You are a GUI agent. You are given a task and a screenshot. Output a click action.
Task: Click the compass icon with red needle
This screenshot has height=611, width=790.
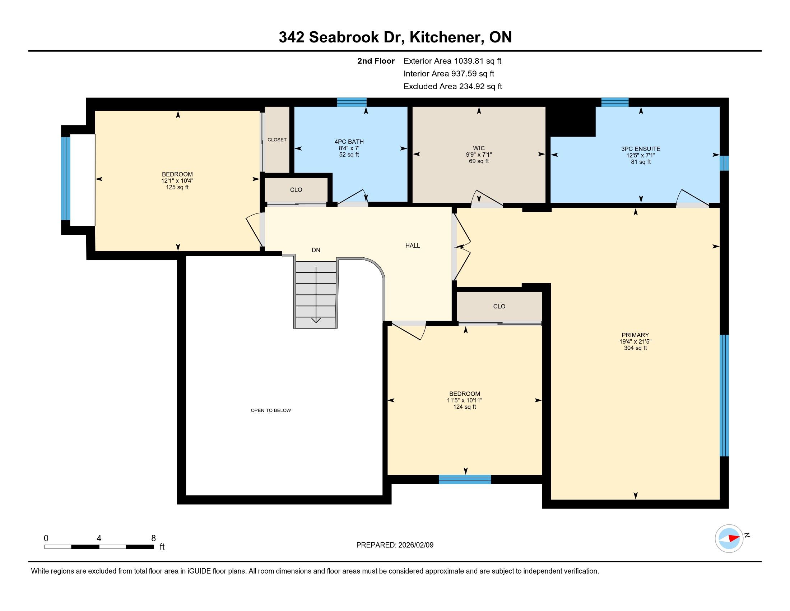pyautogui.click(x=729, y=538)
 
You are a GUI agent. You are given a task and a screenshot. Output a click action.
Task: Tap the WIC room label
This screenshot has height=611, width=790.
pyautogui.click(x=479, y=148)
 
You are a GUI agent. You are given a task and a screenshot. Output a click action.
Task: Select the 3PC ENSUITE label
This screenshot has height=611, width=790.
pyautogui.click(x=641, y=149)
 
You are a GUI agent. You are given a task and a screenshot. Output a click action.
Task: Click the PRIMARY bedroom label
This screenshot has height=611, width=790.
pyautogui.click(x=635, y=335)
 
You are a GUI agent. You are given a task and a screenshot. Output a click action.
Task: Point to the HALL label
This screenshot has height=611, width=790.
pyautogui.click(x=412, y=245)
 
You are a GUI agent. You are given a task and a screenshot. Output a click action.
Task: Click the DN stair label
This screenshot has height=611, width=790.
pyautogui.click(x=316, y=250)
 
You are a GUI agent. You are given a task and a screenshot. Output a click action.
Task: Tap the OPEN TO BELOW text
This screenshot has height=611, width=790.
pyautogui.click(x=271, y=410)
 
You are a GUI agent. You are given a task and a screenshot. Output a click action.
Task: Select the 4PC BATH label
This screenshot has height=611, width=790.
pyautogui.click(x=349, y=142)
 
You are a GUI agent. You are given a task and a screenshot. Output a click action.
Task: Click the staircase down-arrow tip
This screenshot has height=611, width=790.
pyautogui.click(x=316, y=322)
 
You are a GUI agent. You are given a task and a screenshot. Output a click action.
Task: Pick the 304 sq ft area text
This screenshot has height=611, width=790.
pyautogui.click(x=635, y=348)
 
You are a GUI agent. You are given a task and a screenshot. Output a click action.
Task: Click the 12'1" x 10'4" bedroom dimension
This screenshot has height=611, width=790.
pyautogui.click(x=177, y=181)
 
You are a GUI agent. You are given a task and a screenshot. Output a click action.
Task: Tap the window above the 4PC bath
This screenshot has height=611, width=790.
pyautogui.click(x=352, y=102)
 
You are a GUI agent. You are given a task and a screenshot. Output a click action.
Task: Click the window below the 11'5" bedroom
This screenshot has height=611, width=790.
pyautogui.click(x=465, y=479)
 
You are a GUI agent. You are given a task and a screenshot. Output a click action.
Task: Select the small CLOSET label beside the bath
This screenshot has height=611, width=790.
pyautogui.click(x=277, y=140)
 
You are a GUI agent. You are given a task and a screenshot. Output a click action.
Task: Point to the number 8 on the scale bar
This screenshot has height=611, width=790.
pyautogui.click(x=153, y=538)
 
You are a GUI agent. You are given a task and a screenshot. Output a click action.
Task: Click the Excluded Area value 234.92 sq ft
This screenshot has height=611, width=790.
pyautogui.click(x=480, y=87)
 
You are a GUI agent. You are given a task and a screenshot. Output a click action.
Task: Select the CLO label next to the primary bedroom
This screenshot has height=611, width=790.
pyautogui.click(x=499, y=306)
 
